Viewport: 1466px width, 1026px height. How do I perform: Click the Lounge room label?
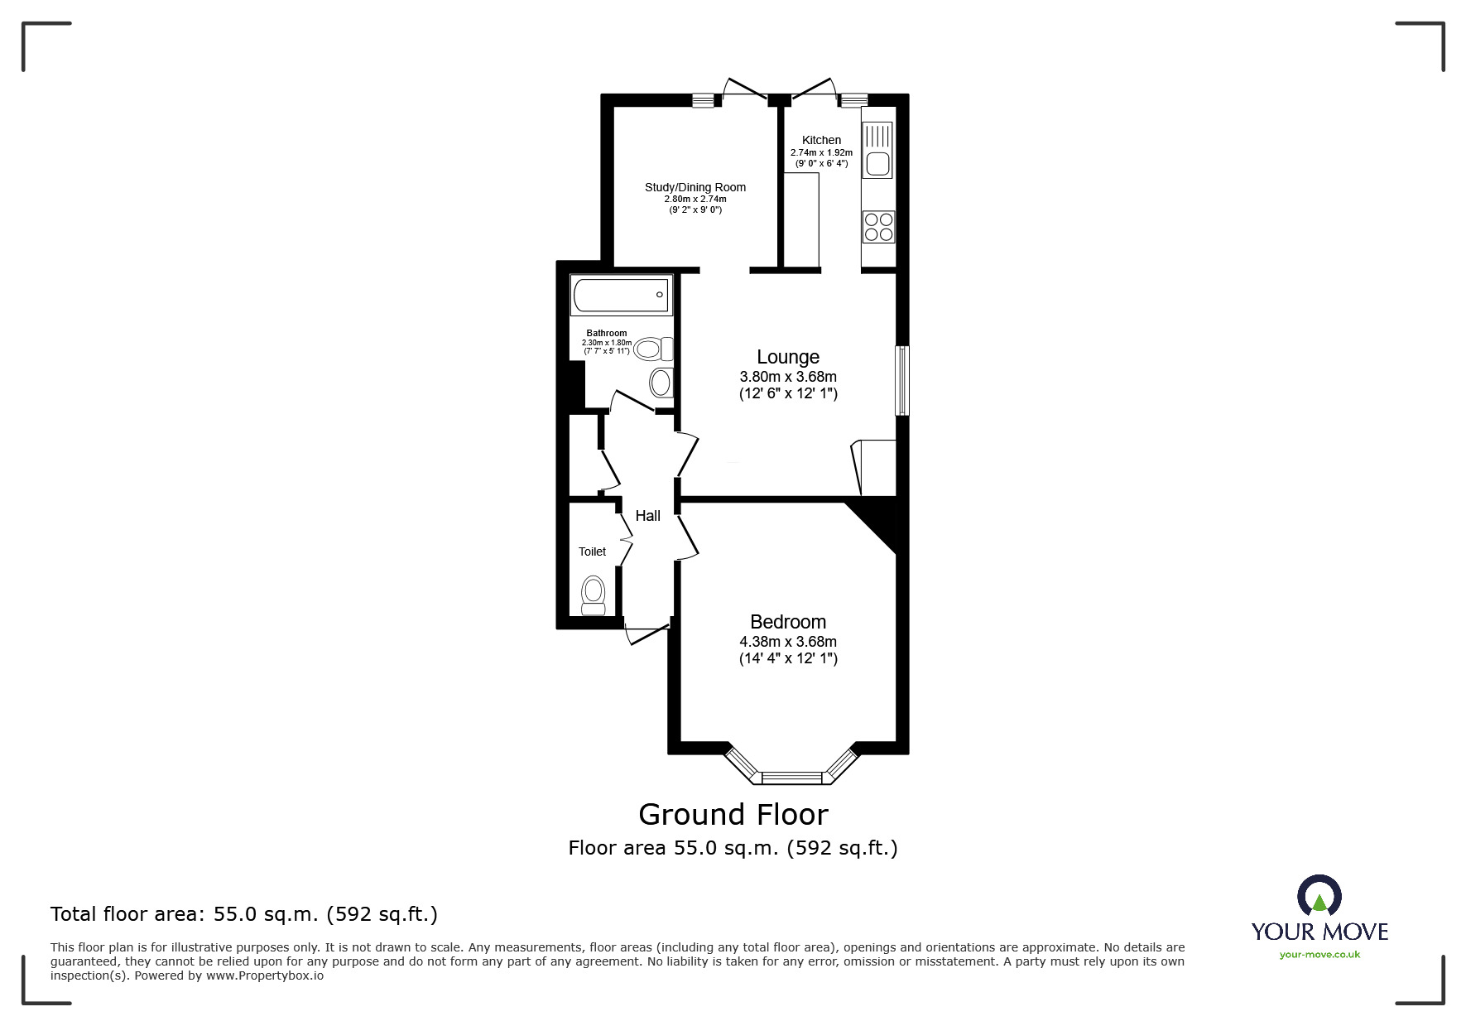[787, 357]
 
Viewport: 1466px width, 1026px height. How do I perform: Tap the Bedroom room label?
[787, 622]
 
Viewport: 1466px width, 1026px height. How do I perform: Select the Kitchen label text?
[821, 140]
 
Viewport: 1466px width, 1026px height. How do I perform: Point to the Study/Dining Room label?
[695, 187]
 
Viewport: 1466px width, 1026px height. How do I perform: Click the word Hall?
[647, 516]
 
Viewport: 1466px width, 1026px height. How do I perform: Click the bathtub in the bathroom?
[621, 296]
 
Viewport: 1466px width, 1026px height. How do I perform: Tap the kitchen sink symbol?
[877, 150]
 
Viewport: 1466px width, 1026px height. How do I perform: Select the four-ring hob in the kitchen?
[878, 227]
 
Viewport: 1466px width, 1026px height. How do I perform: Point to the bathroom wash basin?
[661, 383]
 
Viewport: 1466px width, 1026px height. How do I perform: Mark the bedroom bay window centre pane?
[791, 778]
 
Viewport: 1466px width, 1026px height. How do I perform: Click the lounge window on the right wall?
[902, 380]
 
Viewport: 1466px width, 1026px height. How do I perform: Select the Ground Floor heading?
[733, 815]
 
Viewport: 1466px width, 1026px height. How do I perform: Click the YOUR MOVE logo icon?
[1319, 896]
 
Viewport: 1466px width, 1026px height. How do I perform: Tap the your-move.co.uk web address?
[1319, 955]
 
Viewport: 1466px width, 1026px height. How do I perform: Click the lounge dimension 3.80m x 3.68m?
[787, 377]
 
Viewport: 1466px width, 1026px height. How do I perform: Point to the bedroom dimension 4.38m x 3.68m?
[787, 642]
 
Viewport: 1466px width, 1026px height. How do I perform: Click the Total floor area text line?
[244, 914]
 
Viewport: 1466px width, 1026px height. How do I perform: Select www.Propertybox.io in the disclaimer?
[265, 975]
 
